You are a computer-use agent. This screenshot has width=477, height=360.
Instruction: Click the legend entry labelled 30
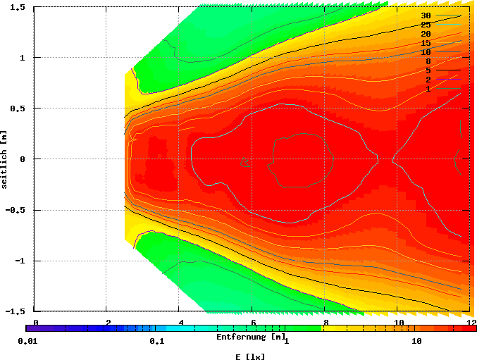[426, 15]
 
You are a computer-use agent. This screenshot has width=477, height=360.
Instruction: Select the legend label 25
[426, 25]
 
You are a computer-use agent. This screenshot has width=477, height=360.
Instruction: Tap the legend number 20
[426, 34]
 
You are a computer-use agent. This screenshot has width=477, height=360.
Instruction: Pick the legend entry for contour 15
[426, 43]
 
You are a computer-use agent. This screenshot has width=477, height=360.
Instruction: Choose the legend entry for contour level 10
[426, 52]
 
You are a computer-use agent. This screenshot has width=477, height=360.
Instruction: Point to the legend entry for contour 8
[428, 61]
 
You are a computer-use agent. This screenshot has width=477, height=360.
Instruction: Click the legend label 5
[428, 70]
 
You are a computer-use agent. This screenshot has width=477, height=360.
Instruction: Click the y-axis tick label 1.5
[18, 7]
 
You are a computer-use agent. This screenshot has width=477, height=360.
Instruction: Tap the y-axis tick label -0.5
[16, 210]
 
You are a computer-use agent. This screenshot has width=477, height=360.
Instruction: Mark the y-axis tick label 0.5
[18, 108]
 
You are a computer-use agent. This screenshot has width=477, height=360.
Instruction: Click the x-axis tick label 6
[253, 322]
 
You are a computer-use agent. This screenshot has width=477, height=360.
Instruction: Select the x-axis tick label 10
[398, 322]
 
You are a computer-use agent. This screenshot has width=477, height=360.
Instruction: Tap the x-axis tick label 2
[108, 322]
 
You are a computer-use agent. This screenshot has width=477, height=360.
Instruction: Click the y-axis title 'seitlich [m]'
[5, 159]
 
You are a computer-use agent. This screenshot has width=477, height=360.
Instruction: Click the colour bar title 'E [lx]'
[250, 356]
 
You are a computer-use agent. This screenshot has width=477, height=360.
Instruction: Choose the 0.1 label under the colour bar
[156, 341]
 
